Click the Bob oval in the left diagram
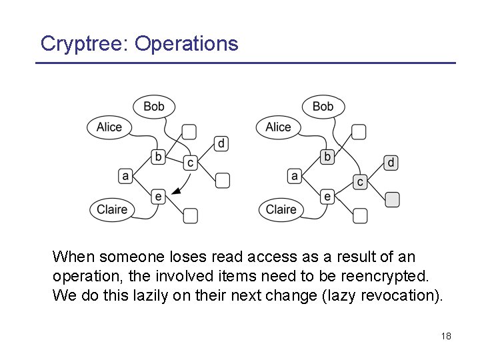click(154, 106)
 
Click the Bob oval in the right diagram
click(323, 106)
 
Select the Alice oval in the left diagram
click(109, 127)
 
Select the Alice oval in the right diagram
click(278, 127)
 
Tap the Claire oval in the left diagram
click(112, 209)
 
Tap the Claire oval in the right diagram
click(281, 209)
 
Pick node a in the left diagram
click(125, 176)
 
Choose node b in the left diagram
click(158, 157)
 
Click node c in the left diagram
click(190, 162)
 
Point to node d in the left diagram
click(222, 143)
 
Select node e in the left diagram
click(158, 196)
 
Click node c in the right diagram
click(360, 182)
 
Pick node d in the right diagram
click(391, 163)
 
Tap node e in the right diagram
click(327, 196)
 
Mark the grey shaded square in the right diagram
click(393, 199)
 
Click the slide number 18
click(446, 336)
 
